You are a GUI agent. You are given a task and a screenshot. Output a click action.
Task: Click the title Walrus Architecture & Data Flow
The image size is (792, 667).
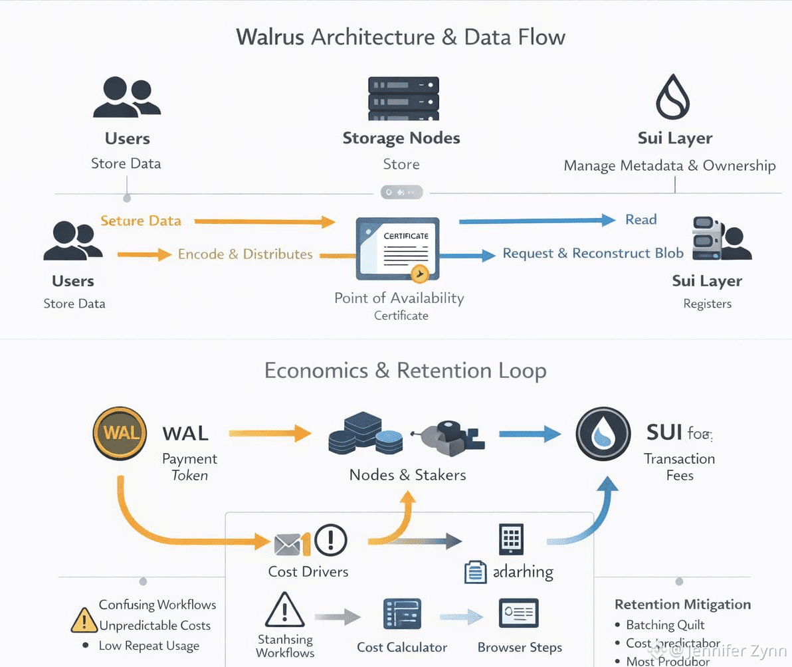coord(401,37)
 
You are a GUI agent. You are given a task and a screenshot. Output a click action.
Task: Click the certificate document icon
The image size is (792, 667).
coord(397,248)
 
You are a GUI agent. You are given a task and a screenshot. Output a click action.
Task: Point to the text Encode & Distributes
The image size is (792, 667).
coord(245,254)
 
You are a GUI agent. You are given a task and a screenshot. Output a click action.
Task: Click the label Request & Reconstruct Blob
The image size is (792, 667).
coord(593,253)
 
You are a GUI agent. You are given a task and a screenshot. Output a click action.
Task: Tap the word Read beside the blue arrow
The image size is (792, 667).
coord(641,220)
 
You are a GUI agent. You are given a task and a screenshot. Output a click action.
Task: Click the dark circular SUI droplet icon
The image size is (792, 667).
coord(603,434)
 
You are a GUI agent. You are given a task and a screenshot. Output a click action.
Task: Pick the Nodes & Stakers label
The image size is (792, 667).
coord(407,475)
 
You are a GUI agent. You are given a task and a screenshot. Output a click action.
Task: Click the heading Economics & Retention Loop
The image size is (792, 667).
coord(405,370)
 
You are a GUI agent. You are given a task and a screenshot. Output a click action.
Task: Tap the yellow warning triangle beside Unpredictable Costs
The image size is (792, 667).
coord(84,620)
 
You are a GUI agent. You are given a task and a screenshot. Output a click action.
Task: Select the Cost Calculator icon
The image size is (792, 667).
coord(402,613)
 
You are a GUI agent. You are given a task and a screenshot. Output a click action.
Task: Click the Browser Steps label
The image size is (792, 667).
coord(520,648)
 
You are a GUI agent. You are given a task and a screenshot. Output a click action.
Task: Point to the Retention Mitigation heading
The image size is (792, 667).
coord(682,605)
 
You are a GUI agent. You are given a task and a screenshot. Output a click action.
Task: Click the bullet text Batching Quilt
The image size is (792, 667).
coord(665,625)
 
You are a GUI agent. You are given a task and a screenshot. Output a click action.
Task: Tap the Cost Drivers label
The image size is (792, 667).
coord(308,571)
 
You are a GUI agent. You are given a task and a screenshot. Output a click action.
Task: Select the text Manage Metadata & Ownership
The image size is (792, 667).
coord(669,165)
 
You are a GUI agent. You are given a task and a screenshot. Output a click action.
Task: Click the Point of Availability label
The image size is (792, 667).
coord(399,298)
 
